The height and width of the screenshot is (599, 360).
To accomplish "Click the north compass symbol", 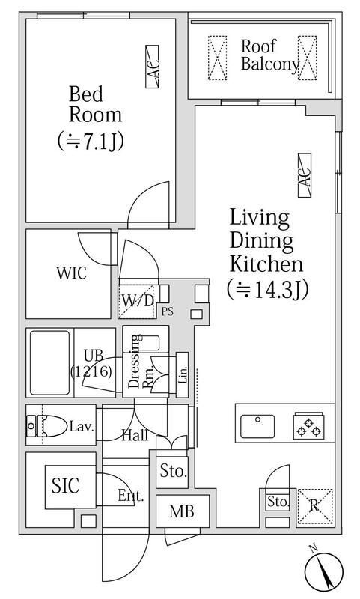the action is [x=324, y=572].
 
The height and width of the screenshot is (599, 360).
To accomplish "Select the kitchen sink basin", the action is [x=257, y=426].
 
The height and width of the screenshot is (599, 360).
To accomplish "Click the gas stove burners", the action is [x=309, y=426].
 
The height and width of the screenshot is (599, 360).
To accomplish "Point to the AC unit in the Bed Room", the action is [x=152, y=67].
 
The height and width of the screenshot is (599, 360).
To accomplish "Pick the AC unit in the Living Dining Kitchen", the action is [x=305, y=175].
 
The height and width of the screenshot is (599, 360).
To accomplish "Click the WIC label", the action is [x=71, y=273].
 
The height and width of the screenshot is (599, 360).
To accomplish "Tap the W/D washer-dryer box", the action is [x=138, y=302].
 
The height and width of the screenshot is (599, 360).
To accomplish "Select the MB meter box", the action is [x=183, y=511].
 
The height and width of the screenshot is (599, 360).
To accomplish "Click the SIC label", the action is [x=65, y=485].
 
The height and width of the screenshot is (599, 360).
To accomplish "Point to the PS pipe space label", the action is [x=167, y=311].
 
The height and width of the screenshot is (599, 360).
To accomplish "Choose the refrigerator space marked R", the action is [x=315, y=506].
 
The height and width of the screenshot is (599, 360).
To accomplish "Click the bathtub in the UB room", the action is [x=49, y=363].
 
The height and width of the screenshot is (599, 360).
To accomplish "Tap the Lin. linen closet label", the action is [x=183, y=374].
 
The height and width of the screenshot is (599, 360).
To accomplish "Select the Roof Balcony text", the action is [x=269, y=55].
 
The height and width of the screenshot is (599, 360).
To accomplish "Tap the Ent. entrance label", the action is [x=130, y=496].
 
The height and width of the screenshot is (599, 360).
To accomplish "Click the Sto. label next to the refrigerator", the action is [x=278, y=501].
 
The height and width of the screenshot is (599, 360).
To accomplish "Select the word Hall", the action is [x=135, y=435].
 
